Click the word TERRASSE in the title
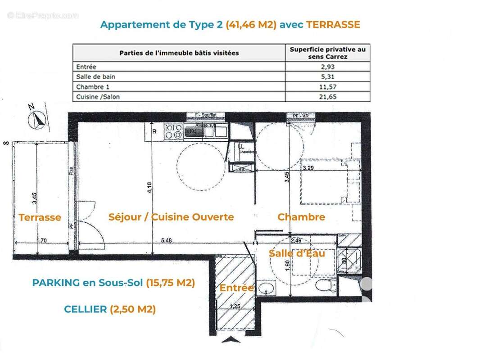[x=333, y=25]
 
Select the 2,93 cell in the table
[x=327, y=67]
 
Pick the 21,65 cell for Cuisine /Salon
[x=327, y=96]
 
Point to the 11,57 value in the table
[x=327, y=86]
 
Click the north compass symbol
[x=37, y=119]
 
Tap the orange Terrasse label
[x=40, y=217]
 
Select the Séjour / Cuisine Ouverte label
[x=171, y=217]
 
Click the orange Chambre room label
[x=301, y=217]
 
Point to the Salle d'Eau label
[x=297, y=253]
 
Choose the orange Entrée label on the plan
[x=236, y=288]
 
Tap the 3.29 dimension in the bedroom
[x=308, y=168]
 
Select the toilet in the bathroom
[x=324, y=284]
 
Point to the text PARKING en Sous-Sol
[x=87, y=283]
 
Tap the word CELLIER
[x=86, y=309]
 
